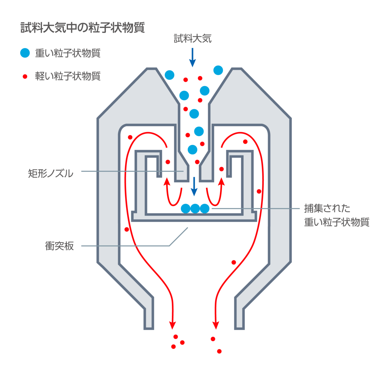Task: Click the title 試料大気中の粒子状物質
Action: click(x=82, y=28)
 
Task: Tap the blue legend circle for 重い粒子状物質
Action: click(x=25, y=53)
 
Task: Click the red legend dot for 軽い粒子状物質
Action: click(x=25, y=76)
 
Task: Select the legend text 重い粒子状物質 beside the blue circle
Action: click(x=68, y=53)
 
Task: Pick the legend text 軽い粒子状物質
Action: click(x=68, y=76)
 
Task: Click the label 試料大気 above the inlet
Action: click(x=193, y=39)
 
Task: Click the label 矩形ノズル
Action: click(x=51, y=174)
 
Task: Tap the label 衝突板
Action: click(x=59, y=246)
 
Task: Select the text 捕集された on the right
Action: click(x=327, y=208)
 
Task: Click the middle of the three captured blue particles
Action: click(x=195, y=209)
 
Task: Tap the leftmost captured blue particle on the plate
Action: click(x=185, y=209)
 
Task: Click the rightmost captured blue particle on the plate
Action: click(x=205, y=209)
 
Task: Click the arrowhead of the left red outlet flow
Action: click(x=173, y=325)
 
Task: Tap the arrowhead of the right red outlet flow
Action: click(x=216, y=325)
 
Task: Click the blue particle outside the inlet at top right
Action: click(x=218, y=70)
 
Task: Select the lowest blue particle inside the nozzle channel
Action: click(x=193, y=150)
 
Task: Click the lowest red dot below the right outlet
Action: click(x=219, y=351)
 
